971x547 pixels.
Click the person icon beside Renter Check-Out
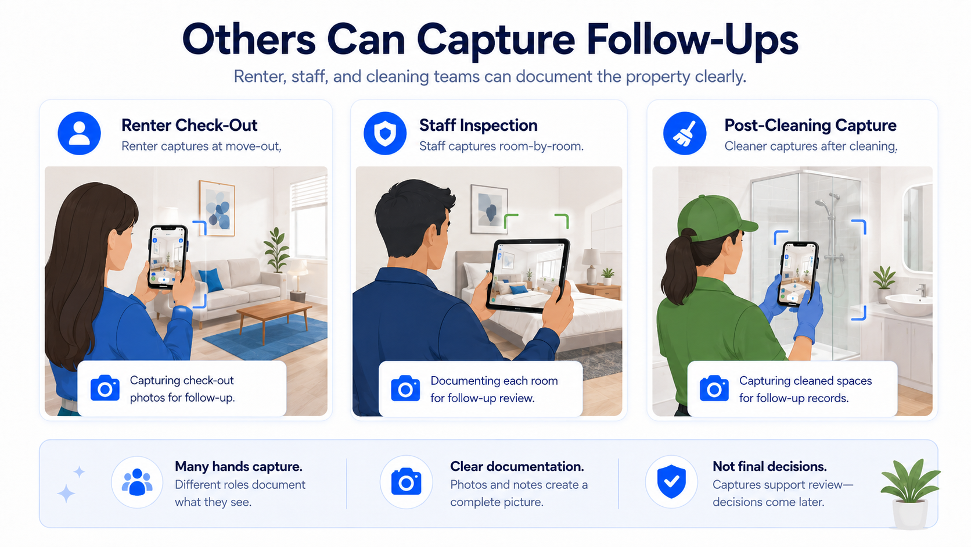pyautogui.click(x=79, y=133)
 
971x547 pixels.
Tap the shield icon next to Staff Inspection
pyautogui.click(x=385, y=133)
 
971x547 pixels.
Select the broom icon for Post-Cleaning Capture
pyautogui.click(x=685, y=133)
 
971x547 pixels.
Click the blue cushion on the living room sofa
pyautogui.click(x=211, y=280)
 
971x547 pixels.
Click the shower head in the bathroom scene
pyautogui.click(x=821, y=204)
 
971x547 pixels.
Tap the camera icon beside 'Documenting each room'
pyautogui.click(x=405, y=388)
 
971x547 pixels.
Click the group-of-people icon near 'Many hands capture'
pyautogui.click(x=137, y=481)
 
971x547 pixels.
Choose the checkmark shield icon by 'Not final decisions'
pyautogui.click(x=671, y=481)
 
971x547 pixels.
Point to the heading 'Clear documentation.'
pyautogui.click(x=517, y=466)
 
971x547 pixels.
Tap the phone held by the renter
pyautogui.click(x=168, y=256)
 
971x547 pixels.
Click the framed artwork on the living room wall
pyautogui.click(x=217, y=208)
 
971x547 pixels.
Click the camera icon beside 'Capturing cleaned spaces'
pyautogui.click(x=714, y=388)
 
